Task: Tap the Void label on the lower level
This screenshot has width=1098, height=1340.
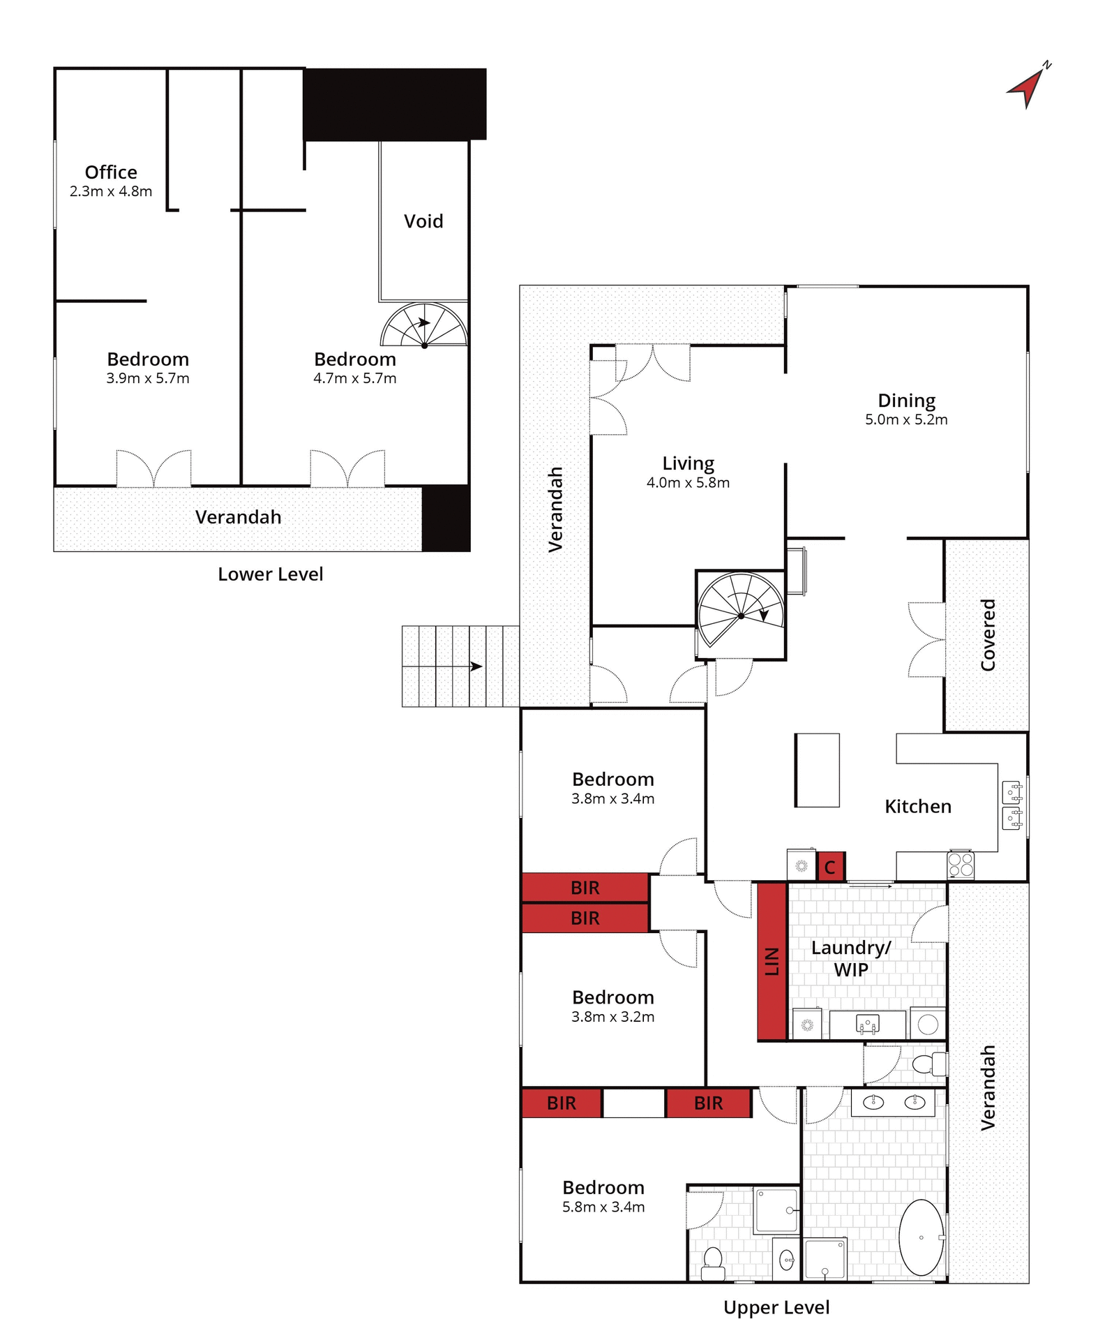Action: pos(423,221)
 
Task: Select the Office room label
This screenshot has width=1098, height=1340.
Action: pos(111,172)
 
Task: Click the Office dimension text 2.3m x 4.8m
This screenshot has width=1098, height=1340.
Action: pos(111,191)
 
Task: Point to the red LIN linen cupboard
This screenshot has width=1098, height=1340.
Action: pos(772,961)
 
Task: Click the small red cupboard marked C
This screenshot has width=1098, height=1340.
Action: pos(830,866)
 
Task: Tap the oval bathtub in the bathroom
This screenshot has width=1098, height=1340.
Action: pos(921,1237)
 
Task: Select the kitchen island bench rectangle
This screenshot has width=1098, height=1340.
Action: pos(817,770)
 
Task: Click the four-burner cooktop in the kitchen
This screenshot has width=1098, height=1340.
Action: pos(961,865)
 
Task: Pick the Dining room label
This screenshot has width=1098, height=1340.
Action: pos(906,401)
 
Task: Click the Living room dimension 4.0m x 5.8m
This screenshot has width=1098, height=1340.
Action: pos(688,482)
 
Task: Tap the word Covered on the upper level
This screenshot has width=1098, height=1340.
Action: pos(988,634)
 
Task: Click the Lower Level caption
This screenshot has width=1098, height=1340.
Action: pos(271,574)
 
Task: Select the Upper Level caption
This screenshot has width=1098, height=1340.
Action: pos(776,1307)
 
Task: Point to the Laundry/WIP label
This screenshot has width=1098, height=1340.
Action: pos(851,958)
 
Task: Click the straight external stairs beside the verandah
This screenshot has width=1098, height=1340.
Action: pos(460,666)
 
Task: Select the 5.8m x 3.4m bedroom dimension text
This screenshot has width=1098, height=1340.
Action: pos(603,1207)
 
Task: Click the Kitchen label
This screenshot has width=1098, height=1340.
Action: pos(918,806)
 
